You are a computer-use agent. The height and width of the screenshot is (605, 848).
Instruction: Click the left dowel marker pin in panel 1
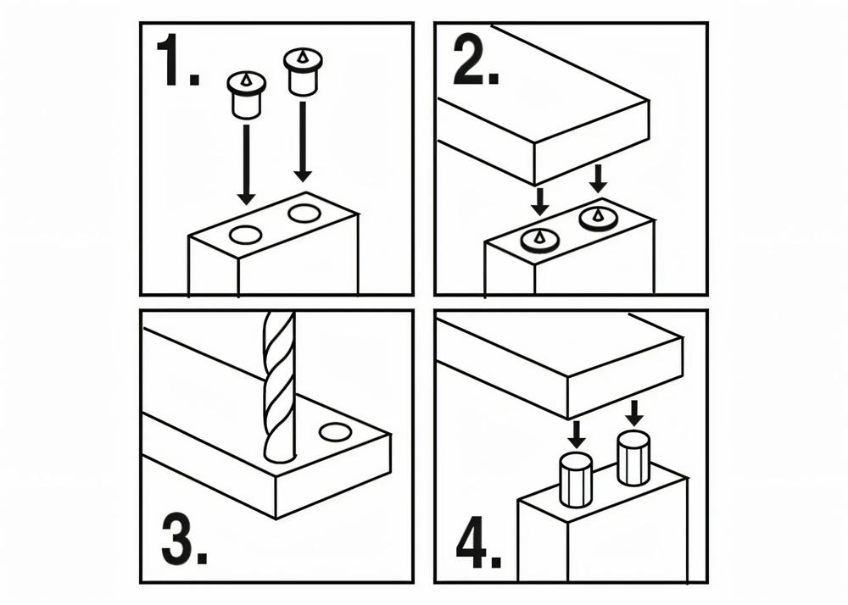point(247,97)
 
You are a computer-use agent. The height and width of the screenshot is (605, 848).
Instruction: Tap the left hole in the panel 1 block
point(247,235)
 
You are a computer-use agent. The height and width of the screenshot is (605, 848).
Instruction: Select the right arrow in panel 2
point(598,179)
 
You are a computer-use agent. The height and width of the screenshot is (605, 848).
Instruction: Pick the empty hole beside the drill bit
point(335,432)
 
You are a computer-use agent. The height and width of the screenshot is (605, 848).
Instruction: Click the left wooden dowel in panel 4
point(576,480)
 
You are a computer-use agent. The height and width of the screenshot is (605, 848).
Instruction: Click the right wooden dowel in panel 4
point(633,458)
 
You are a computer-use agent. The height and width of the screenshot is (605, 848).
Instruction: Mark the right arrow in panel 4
point(633,414)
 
